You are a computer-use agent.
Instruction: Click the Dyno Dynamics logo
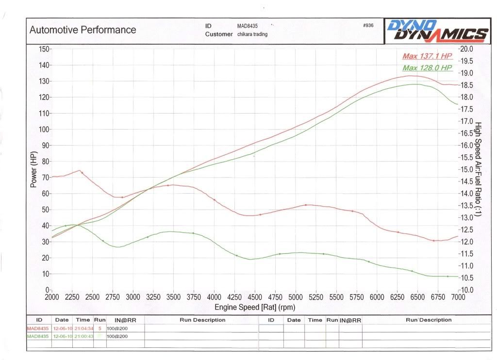click(436, 30)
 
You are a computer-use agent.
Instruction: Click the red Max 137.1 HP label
click(427, 57)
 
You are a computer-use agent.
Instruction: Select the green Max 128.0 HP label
click(427, 68)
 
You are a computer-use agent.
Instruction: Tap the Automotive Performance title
click(83, 30)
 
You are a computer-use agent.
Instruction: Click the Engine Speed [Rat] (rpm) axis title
click(255, 307)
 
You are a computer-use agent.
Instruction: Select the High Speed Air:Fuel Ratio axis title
click(478, 169)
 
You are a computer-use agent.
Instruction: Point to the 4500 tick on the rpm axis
click(255, 297)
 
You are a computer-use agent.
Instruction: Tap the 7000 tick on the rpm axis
click(457, 297)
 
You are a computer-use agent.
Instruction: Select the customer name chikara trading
click(252, 34)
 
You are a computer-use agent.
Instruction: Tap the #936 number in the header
click(368, 26)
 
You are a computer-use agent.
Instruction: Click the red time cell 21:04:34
click(83, 328)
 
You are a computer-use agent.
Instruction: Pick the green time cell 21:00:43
click(83, 336)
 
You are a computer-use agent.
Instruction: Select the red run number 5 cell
click(99, 328)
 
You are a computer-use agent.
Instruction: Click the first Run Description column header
click(202, 320)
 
